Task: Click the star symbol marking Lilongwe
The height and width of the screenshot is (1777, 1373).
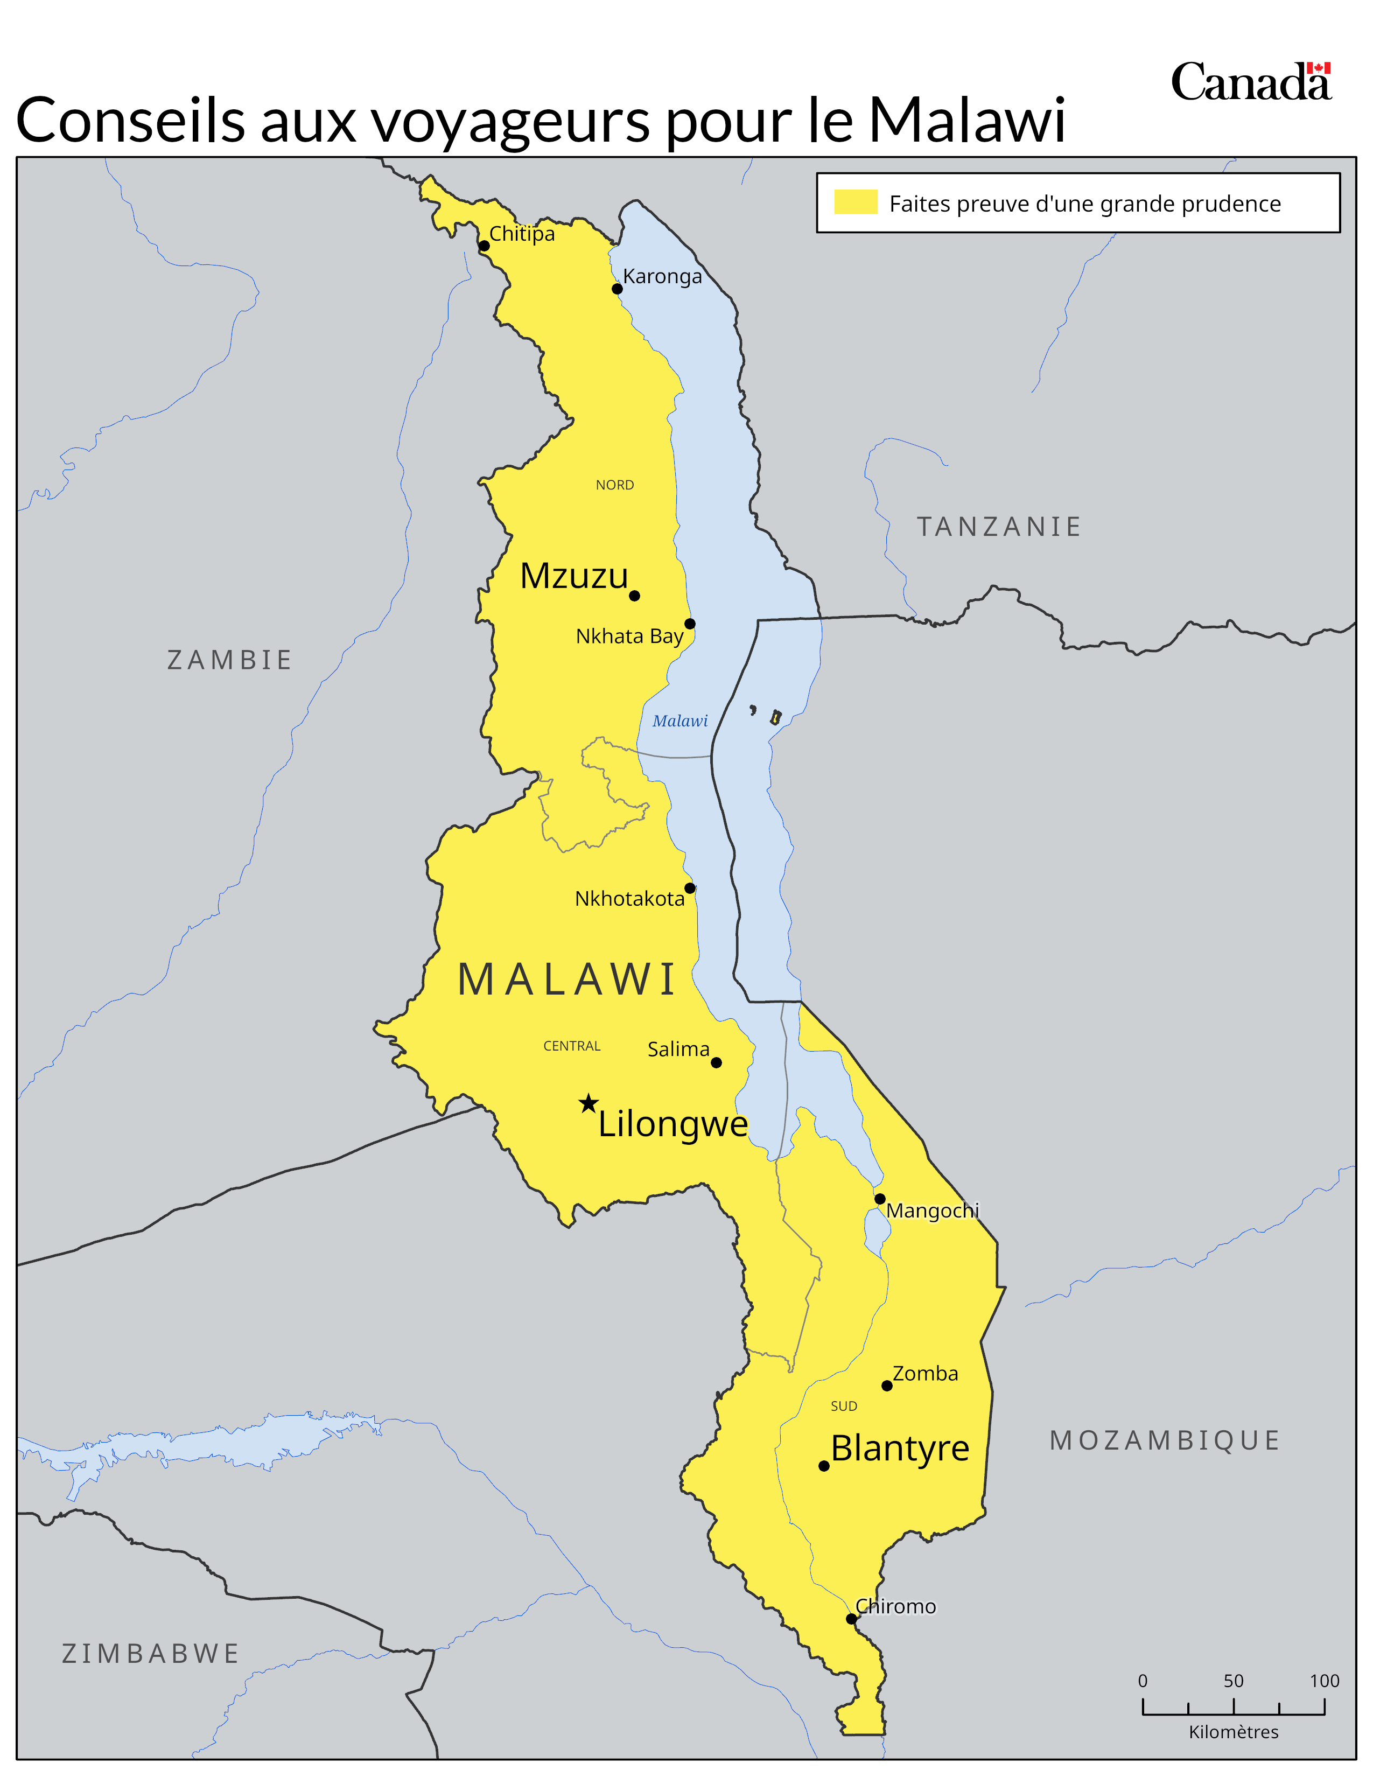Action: click(x=588, y=1103)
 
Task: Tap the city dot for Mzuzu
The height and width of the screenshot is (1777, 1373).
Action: click(x=634, y=596)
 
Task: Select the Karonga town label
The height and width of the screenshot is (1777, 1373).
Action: click(x=662, y=277)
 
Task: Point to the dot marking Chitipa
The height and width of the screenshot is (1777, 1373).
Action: click(x=484, y=246)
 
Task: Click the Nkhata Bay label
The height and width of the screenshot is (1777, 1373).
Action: click(x=629, y=636)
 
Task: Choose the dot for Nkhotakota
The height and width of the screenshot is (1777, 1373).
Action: click(x=690, y=887)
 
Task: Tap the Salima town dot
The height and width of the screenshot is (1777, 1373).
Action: click(x=717, y=1062)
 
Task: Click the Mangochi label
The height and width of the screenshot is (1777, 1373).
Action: click(x=932, y=1211)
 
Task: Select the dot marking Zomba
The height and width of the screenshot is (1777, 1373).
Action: click(x=887, y=1386)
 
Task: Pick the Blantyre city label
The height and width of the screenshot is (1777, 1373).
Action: click(x=900, y=1449)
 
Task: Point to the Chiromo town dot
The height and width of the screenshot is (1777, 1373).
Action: click(x=851, y=1619)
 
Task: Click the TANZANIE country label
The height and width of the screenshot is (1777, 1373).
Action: click(x=999, y=527)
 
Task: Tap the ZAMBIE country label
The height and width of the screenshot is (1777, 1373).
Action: click(x=229, y=660)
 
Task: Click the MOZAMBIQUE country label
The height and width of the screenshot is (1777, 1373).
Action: click(x=1165, y=1440)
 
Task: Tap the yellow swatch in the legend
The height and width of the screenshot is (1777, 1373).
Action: click(x=856, y=202)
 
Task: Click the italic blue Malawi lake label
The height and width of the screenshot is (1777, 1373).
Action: click(x=680, y=721)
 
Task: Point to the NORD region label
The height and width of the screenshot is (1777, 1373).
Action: click(x=614, y=485)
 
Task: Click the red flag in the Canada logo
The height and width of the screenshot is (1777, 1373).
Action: click(x=1319, y=68)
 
